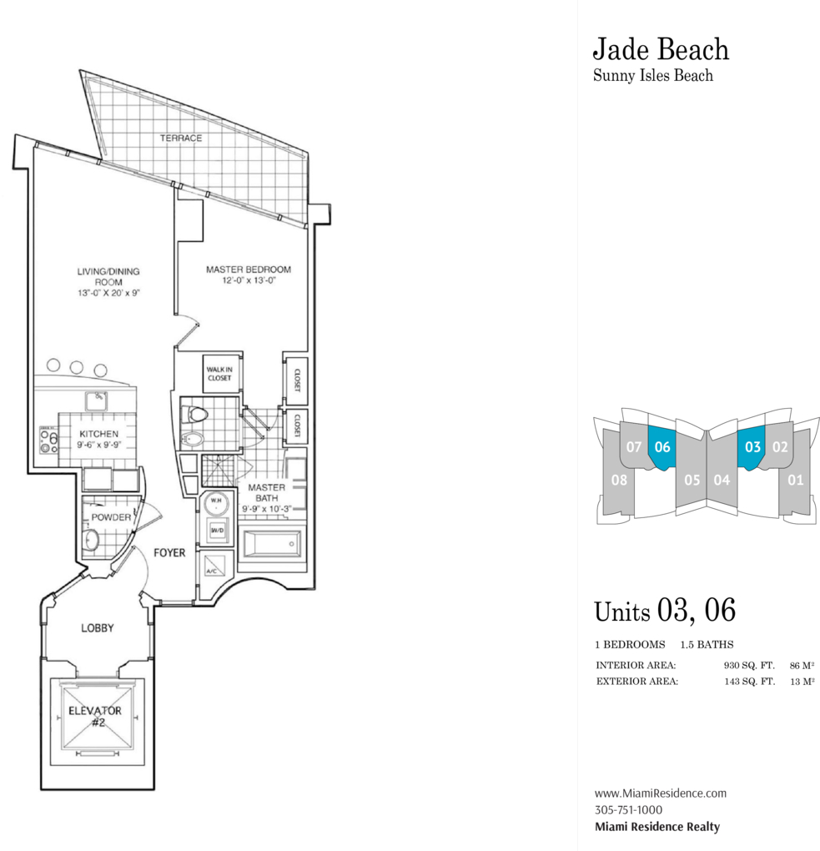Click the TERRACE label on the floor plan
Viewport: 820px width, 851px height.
click(x=181, y=138)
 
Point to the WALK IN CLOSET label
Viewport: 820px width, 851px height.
click(x=219, y=374)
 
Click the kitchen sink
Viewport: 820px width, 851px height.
click(x=97, y=401)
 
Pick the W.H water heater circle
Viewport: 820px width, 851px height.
click(x=216, y=503)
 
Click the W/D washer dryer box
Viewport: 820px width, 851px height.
click(x=217, y=531)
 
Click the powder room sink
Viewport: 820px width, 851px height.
click(x=91, y=540)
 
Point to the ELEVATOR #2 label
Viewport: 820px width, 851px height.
click(x=95, y=717)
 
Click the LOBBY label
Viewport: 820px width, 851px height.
click(x=97, y=628)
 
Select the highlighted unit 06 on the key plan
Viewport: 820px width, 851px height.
click(x=662, y=446)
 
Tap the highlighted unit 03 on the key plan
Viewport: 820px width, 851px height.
click(x=752, y=446)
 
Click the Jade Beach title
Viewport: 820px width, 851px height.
click(x=661, y=49)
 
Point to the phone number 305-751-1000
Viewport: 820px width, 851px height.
click(x=628, y=810)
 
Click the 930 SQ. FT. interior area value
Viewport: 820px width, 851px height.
click(x=749, y=666)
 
